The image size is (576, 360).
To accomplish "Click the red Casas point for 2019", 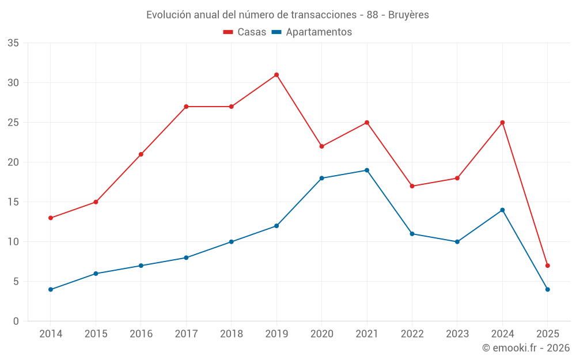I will [x=276, y=75].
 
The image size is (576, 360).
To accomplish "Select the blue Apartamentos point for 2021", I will [x=367, y=170].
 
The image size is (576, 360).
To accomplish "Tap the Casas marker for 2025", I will [x=548, y=266].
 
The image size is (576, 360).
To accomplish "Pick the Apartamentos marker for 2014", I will [x=51, y=289].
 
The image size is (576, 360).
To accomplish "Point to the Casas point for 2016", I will [x=141, y=154].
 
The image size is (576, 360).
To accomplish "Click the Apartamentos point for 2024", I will [x=502, y=210].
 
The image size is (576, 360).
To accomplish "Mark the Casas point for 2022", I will [x=412, y=186].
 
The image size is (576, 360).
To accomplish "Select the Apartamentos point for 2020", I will [x=321, y=178].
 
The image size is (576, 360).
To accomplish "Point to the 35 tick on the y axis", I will [x=13, y=43].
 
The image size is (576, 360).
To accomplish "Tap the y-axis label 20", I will [x=13, y=162].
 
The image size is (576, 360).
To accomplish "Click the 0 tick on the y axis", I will [x=16, y=321].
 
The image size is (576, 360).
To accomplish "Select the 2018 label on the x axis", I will [x=231, y=334].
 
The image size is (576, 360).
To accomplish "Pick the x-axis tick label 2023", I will [x=457, y=334].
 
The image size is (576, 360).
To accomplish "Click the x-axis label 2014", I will [x=51, y=334].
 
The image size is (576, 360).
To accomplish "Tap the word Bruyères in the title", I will [x=408, y=15].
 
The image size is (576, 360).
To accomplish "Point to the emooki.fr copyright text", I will [x=526, y=348].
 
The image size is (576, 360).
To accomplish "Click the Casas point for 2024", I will [x=502, y=123].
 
